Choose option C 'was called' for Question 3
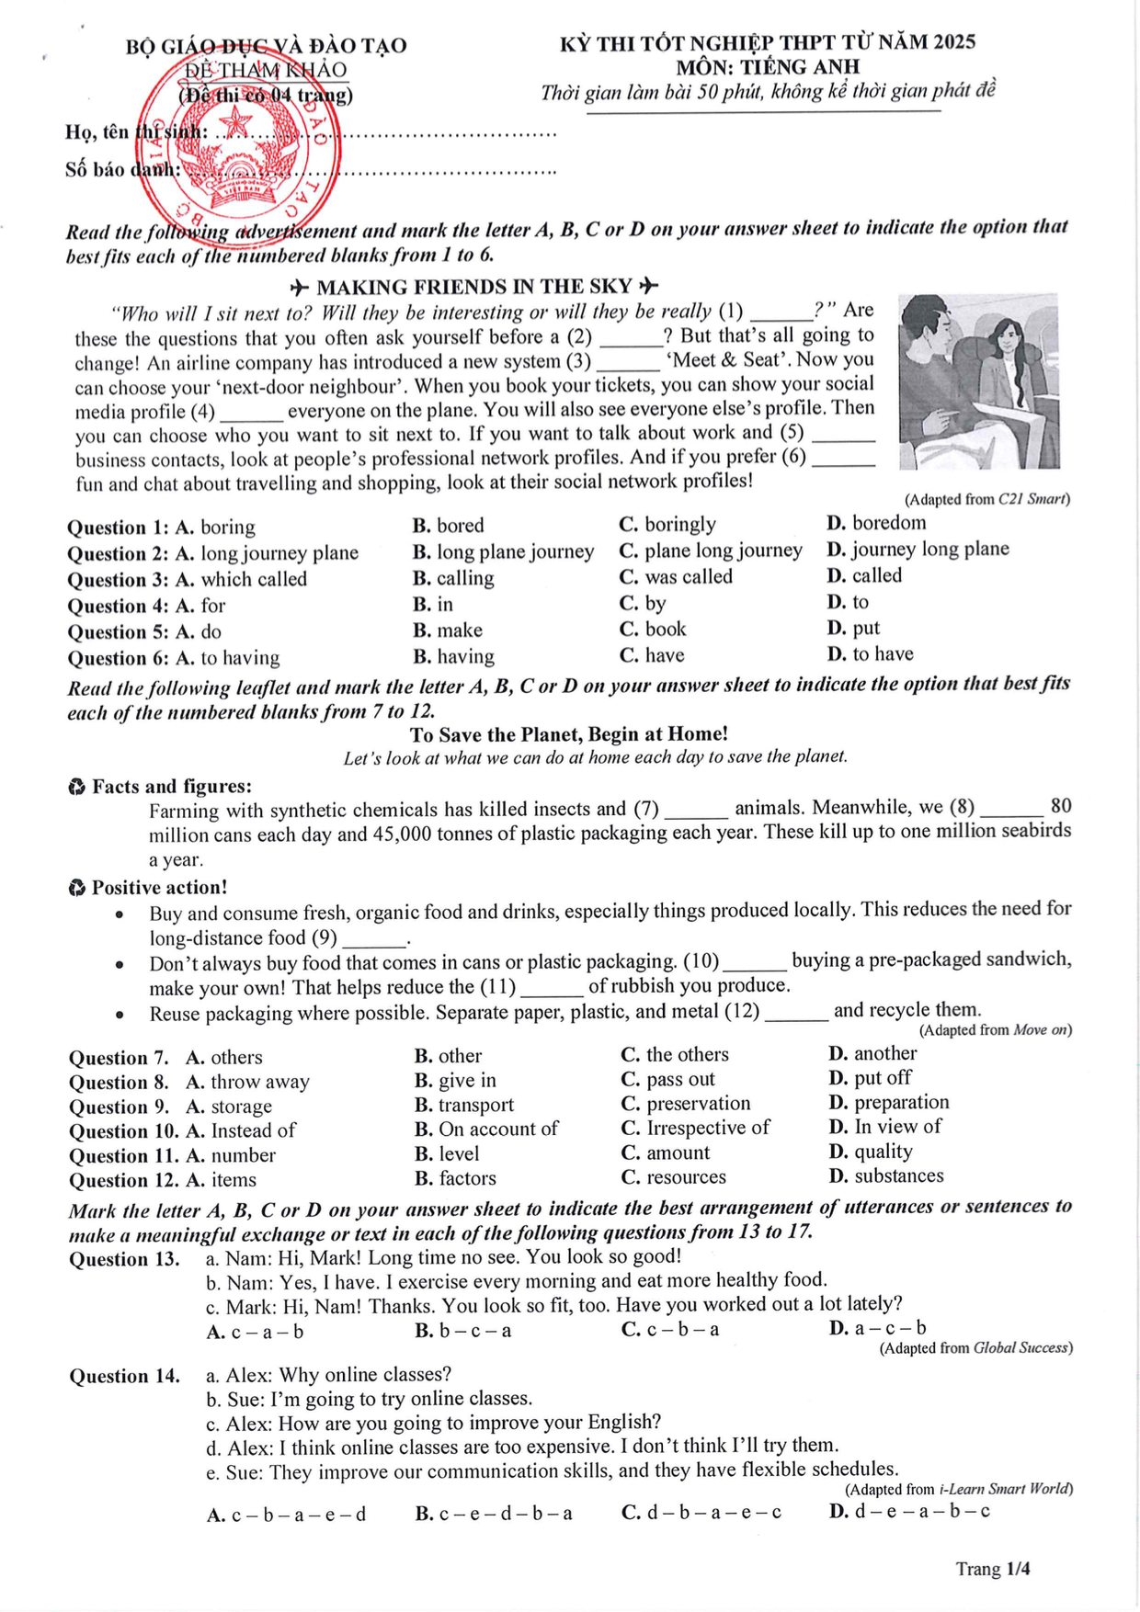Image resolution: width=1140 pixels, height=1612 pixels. (x=676, y=577)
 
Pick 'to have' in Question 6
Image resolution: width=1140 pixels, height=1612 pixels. (x=871, y=653)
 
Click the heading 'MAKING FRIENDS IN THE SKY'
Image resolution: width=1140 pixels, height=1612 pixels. (x=474, y=287)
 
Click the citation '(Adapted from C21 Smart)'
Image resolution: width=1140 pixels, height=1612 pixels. (x=986, y=499)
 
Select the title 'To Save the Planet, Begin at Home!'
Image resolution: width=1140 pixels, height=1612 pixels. (x=569, y=734)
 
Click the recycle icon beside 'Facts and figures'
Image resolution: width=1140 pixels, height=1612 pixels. (x=76, y=788)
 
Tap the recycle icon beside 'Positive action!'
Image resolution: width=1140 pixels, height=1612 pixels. (x=76, y=888)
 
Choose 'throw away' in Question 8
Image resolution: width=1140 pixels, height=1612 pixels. (x=248, y=1082)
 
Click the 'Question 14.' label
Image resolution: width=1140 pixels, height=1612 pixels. (x=124, y=1376)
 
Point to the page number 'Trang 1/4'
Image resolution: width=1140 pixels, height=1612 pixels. (x=992, y=1569)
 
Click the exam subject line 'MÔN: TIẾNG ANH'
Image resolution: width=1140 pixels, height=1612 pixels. (x=768, y=67)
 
